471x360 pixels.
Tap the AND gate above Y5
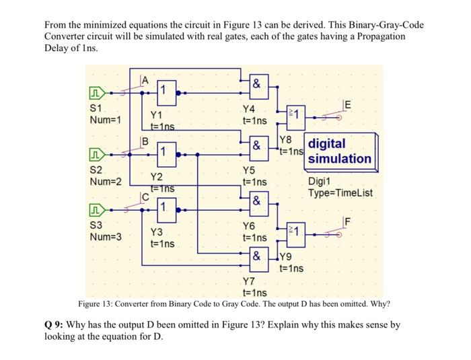tap(256, 146)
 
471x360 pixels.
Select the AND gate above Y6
tap(256, 200)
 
